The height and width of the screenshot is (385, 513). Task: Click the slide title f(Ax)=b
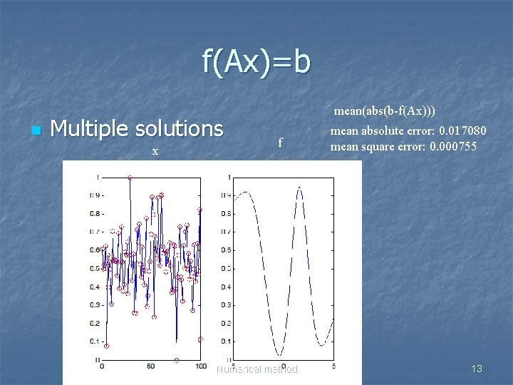(256, 63)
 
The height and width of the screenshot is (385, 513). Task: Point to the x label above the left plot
(155, 152)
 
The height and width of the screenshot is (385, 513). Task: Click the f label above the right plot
(280, 143)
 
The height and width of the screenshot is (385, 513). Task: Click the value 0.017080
(462, 131)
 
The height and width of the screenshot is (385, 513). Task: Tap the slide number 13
(477, 369)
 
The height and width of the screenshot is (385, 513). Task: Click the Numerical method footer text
(256, 369)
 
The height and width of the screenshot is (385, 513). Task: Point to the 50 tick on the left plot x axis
(151, 366)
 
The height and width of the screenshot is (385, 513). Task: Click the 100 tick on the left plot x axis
(200, 366)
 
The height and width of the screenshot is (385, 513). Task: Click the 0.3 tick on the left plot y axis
(93, 305)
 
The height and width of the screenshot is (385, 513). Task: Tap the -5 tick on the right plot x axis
(234, 366)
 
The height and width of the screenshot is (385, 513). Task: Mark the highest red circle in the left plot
(129, 178)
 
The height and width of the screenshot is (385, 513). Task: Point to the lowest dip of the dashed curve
(280, 355)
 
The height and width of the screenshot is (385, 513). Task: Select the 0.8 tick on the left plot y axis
(93, 213)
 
